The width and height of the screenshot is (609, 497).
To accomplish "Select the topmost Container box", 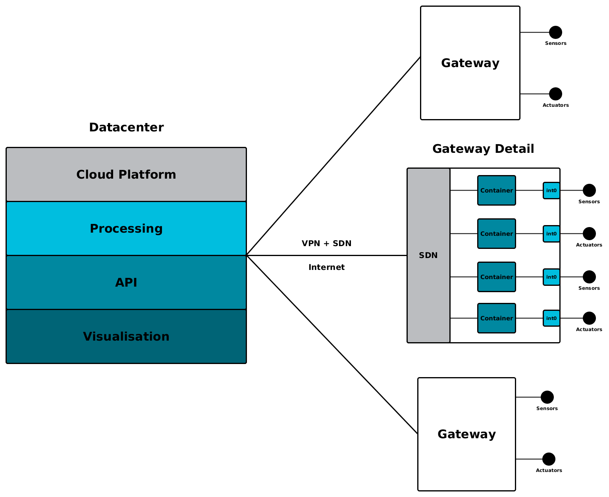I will (497, 190).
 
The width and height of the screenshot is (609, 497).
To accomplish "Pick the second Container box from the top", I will (497, 233).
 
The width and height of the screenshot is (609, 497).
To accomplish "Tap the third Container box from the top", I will (497, 277).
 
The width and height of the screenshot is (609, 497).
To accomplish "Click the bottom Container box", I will (497, 318).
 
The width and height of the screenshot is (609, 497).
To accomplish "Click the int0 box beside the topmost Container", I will (551, 191).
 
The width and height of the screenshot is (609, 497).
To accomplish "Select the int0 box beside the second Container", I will (551, 234).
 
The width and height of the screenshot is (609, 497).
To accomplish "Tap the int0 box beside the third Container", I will (551, 277).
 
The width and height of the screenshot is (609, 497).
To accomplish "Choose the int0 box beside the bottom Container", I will (551, 318).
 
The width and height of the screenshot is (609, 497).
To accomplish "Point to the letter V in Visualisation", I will (87, 337).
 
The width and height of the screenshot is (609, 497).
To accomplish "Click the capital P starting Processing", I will (94, 229).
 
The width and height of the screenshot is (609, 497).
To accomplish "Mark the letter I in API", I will (135, 283).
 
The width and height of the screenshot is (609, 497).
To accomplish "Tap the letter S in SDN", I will (422, 256).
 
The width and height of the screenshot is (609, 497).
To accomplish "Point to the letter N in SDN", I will (435, 256).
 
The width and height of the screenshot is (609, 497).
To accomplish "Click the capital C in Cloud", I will (81, 175).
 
